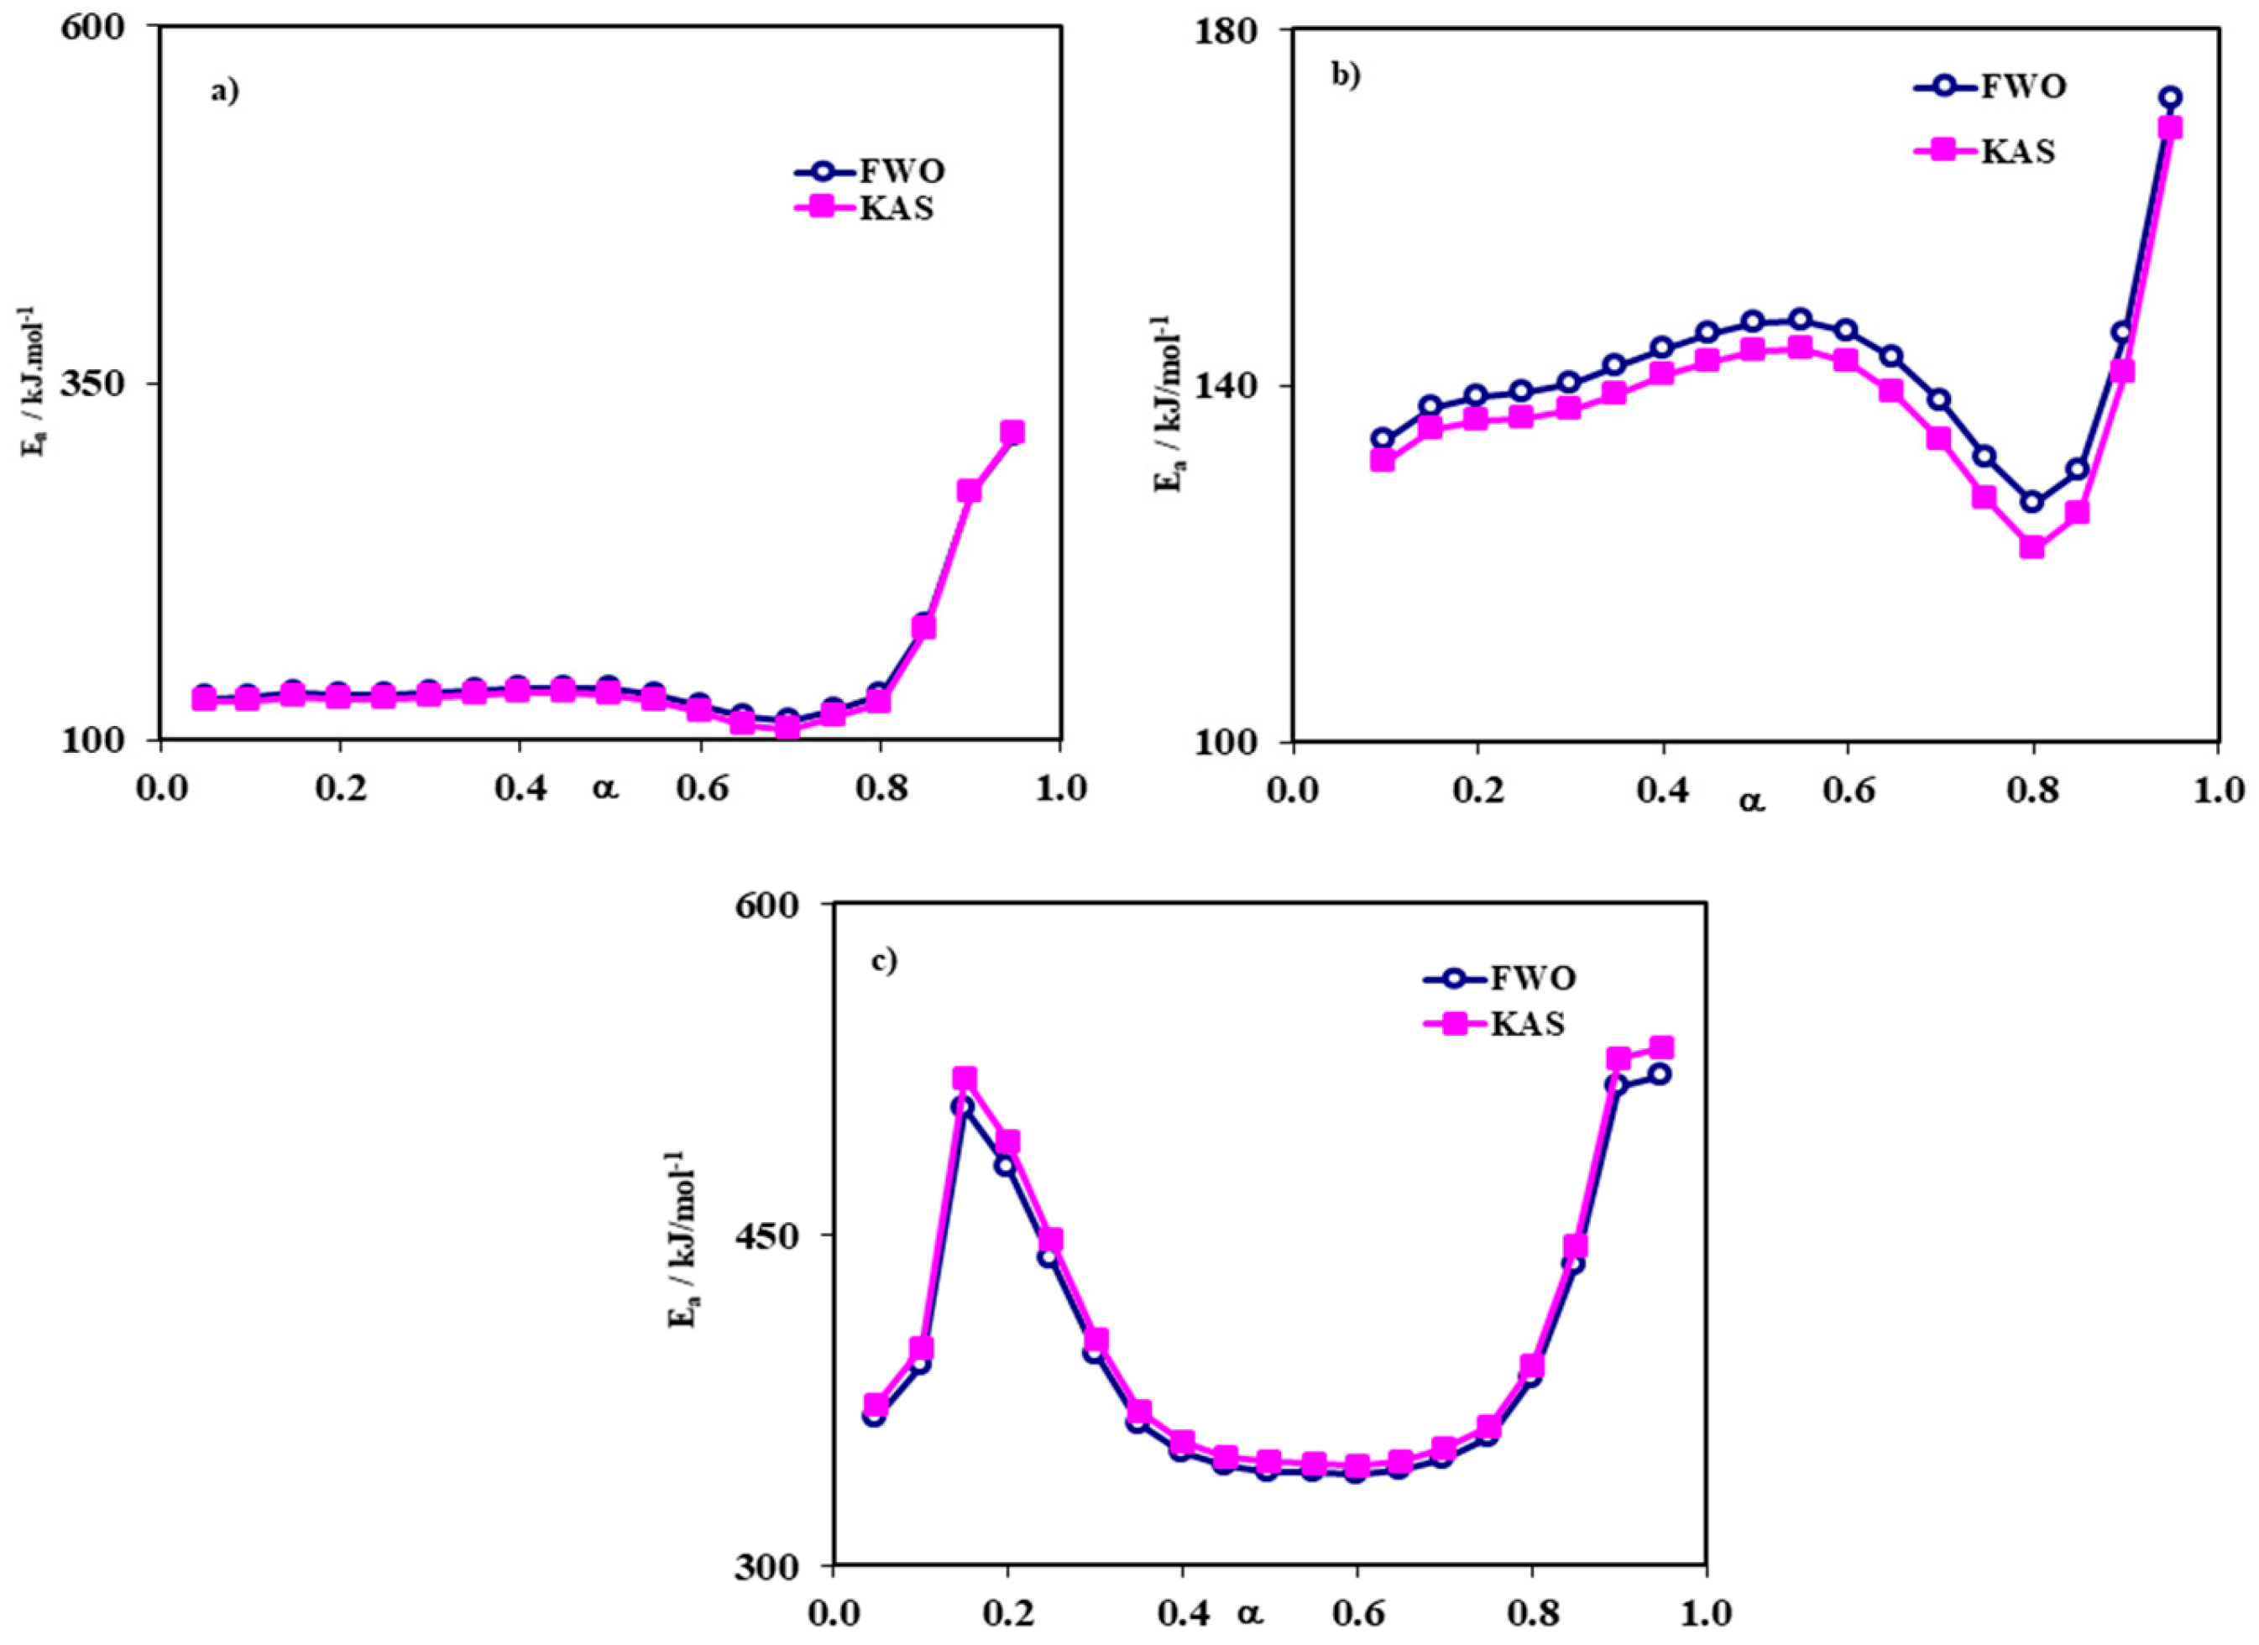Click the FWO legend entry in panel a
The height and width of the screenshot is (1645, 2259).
click(x=870, y=172)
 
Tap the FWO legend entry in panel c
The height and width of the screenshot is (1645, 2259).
click(x=1500, y=978)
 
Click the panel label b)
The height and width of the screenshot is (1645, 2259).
click(x=1346, y=76)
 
